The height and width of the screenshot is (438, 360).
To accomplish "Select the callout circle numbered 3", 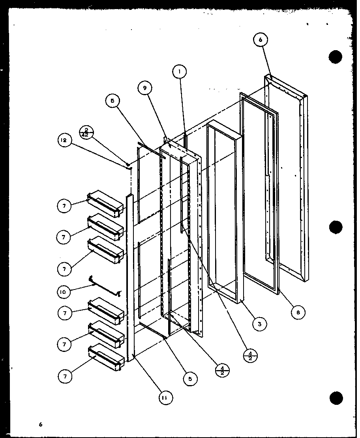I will coord(259,324).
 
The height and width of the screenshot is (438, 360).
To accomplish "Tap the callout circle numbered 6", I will coord(261,39).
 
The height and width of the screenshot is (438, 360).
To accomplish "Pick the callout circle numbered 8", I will coord(298,312).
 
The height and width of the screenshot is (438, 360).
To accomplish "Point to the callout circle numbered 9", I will coord(145,88).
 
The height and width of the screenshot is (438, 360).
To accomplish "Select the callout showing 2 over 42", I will coord(86,132).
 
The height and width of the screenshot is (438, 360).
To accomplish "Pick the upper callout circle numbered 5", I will coord(112,101).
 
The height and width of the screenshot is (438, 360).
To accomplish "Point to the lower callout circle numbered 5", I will coord(190,378).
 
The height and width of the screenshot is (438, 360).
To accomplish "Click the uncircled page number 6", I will coord(40,424).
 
